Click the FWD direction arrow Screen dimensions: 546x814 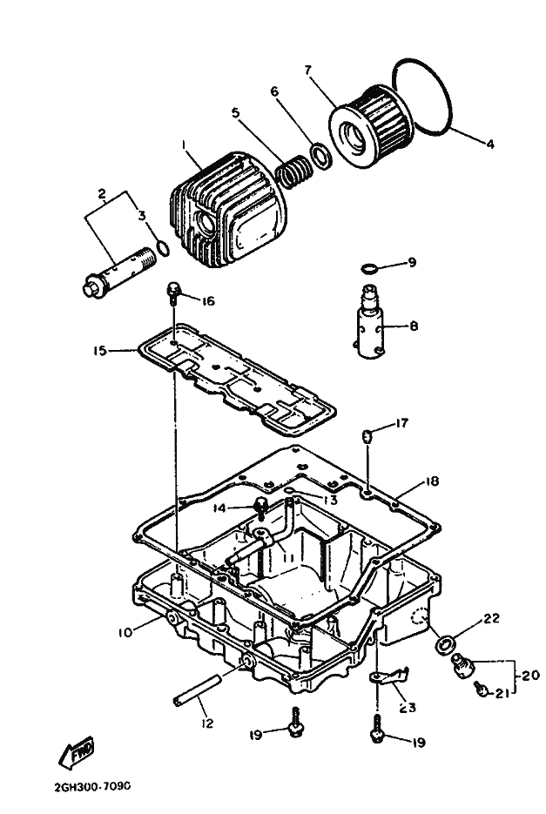pyautogui.click(x=77, y=751)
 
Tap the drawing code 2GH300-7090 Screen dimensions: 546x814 pyautogui.click(x=92, y=786)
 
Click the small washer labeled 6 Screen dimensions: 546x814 pyautogui.click(x=320, y=155)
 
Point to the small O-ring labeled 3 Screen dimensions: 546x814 pyautogui.click(x=163, y=249)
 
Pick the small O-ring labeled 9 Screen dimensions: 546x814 pyautogui.click(x=368, y=268)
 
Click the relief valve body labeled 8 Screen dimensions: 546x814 pyautogui.click(x=371, y=321)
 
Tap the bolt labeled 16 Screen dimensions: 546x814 pyautogui.click(x=174, y=292)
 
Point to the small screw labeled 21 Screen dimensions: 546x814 pyautogui.click(x=481, y=689)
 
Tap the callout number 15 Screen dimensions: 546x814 pyautogui.click(x=99, y=351)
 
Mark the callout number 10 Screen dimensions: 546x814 pyautogui.click(x=125, y=632)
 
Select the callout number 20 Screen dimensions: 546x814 pyautogui.click(x=531, y=676)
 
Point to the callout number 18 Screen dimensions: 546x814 pyautogui.click(x=431, y=481)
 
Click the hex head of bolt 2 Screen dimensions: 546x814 pyautogui.click(x=93, y=287)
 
